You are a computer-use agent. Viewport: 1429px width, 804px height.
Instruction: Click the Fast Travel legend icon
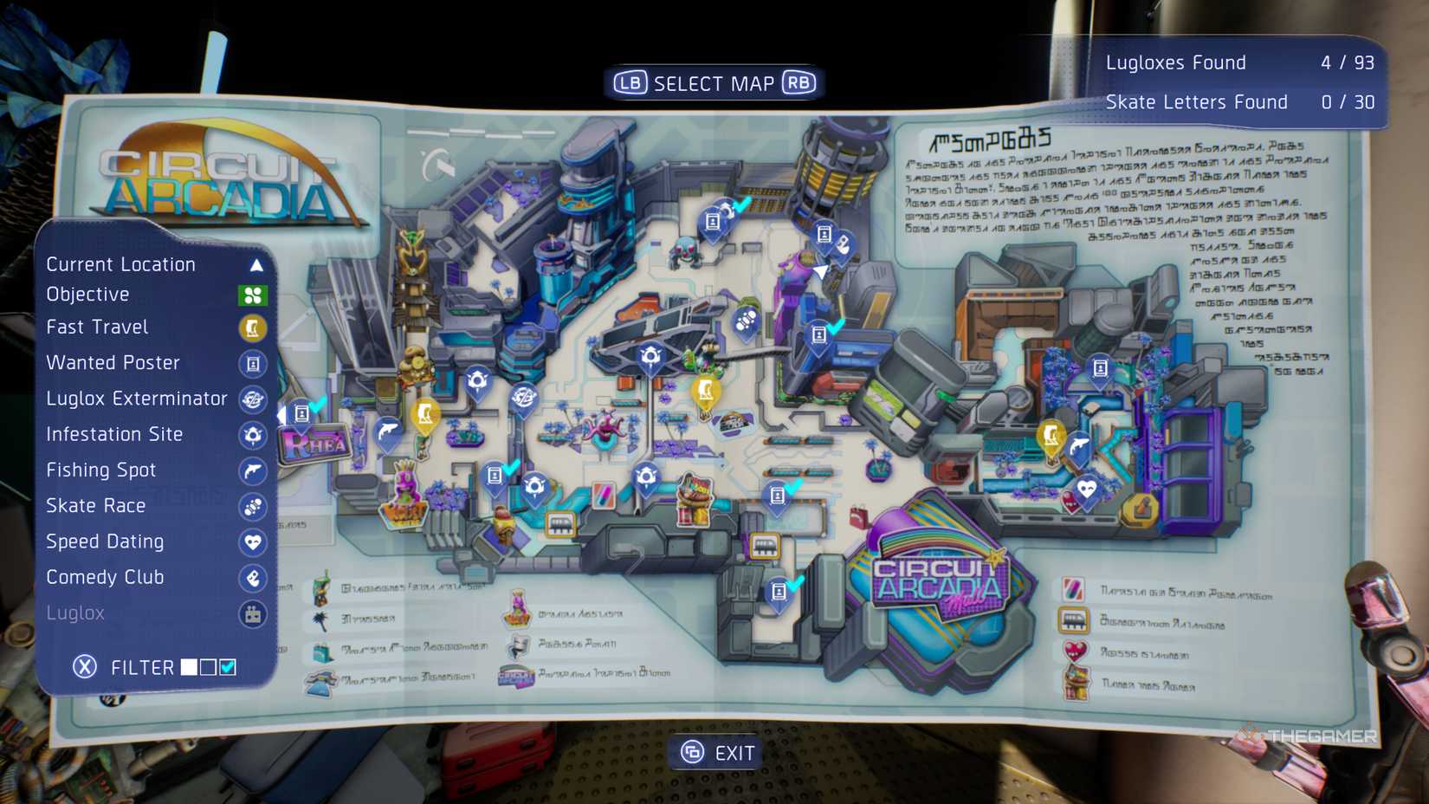(x=252, y=328)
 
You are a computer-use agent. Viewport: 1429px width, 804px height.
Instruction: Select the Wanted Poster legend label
(x=113, y=363)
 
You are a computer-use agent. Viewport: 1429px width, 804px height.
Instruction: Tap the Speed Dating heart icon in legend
(x=252, y=542)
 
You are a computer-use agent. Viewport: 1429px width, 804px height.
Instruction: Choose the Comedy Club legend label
(x=105, y=577)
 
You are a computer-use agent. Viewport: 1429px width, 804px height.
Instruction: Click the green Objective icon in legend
(x=252, y=295)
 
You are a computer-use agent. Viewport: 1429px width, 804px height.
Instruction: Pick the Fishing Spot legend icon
(x=252, y=471)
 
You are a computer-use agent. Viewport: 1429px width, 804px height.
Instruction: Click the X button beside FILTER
(x=85, y=667)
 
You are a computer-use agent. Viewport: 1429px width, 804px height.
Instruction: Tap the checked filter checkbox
(x=228, y=667)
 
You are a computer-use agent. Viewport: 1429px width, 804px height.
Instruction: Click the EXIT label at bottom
(x=734, y=753)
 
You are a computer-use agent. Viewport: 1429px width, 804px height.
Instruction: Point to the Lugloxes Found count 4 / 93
(x=1347, y=63)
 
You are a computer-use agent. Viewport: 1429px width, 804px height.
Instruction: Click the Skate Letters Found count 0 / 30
(x=1348, y=102)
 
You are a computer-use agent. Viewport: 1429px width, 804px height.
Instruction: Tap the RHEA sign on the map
(x=314, y=445)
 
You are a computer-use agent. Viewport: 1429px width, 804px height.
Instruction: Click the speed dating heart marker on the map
(x=1086, y=490)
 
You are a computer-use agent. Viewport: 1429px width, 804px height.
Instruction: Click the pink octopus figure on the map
(x=605, y=427)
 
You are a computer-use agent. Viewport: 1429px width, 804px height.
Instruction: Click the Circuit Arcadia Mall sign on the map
(x=938, y=581)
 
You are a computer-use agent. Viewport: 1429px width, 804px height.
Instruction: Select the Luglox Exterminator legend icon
(x=252, y=399)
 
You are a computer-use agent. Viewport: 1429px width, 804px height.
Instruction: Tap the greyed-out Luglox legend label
(x=75, y=613)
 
